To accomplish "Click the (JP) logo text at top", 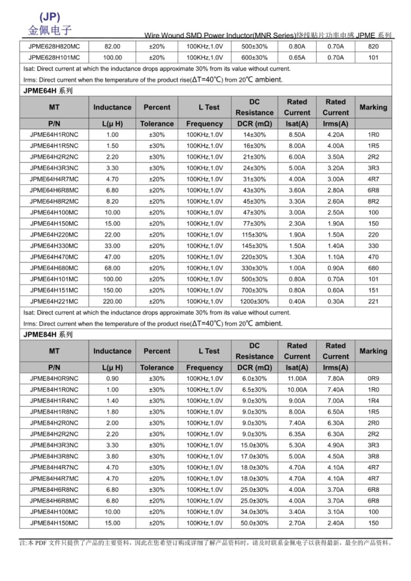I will (x=50, y=17).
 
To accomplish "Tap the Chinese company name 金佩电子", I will (x=50, y=30).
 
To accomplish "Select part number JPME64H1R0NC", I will (x=54, y=135).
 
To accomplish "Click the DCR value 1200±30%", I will (x=254, y=301).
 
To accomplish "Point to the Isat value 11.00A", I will (x=297, y=379).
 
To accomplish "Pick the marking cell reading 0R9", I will (x=373, y=379).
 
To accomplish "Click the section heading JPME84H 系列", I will (x=48, y=334).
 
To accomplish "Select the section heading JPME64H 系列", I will (x=48, y=91).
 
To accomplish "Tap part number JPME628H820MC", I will (x=54, y=47).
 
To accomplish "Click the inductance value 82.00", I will (x=112, y=47).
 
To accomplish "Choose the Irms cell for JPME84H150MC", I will (x=336, y=523).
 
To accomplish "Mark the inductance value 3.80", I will (x=112, y=457).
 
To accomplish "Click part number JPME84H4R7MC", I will (x=54, y=478).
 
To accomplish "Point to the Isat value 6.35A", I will (x=297, y=434).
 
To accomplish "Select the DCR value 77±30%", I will (x=254, y=224).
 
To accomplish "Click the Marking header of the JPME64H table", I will (x=373, y=107).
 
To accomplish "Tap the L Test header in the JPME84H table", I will (x=209, y=351).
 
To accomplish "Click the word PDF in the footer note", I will (x=41, y=543).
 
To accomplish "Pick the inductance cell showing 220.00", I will (x=112, y=301).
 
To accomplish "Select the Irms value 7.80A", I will (x=336, y=379).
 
